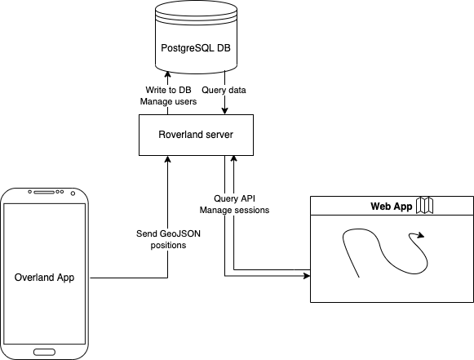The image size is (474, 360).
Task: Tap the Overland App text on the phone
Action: coord(45,278)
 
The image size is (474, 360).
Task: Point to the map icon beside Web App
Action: coord(423,207)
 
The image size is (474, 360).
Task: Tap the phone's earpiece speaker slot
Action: coord(45,193)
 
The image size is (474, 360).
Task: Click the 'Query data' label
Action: coord(224,90)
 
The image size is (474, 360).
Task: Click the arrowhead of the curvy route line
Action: coord(420,237)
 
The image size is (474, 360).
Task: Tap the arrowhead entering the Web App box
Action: coord(307,277)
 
